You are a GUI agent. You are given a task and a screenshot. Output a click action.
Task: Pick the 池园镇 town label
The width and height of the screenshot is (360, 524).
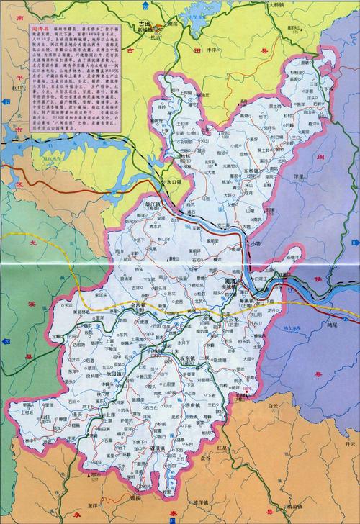tap(116, 374)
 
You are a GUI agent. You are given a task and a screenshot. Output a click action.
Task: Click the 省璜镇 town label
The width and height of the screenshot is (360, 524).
tap(148, 448)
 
